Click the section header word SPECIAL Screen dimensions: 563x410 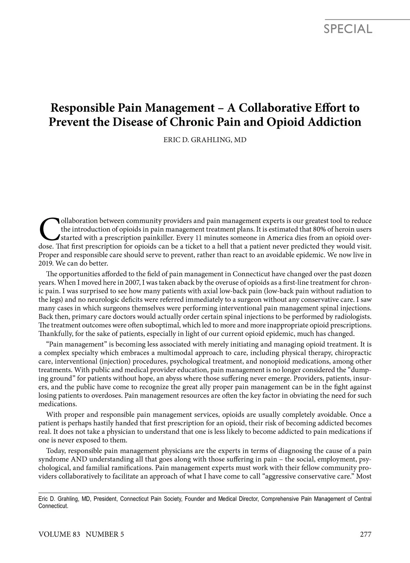pyautogui.click(x=348, y=29)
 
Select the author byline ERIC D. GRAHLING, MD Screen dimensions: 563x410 pyautogui.click(x=205, y=140)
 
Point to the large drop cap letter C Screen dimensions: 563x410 pyautogui.click(x=49, y=229)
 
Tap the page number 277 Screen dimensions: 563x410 pyautogui.click(x=365, y=535)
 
